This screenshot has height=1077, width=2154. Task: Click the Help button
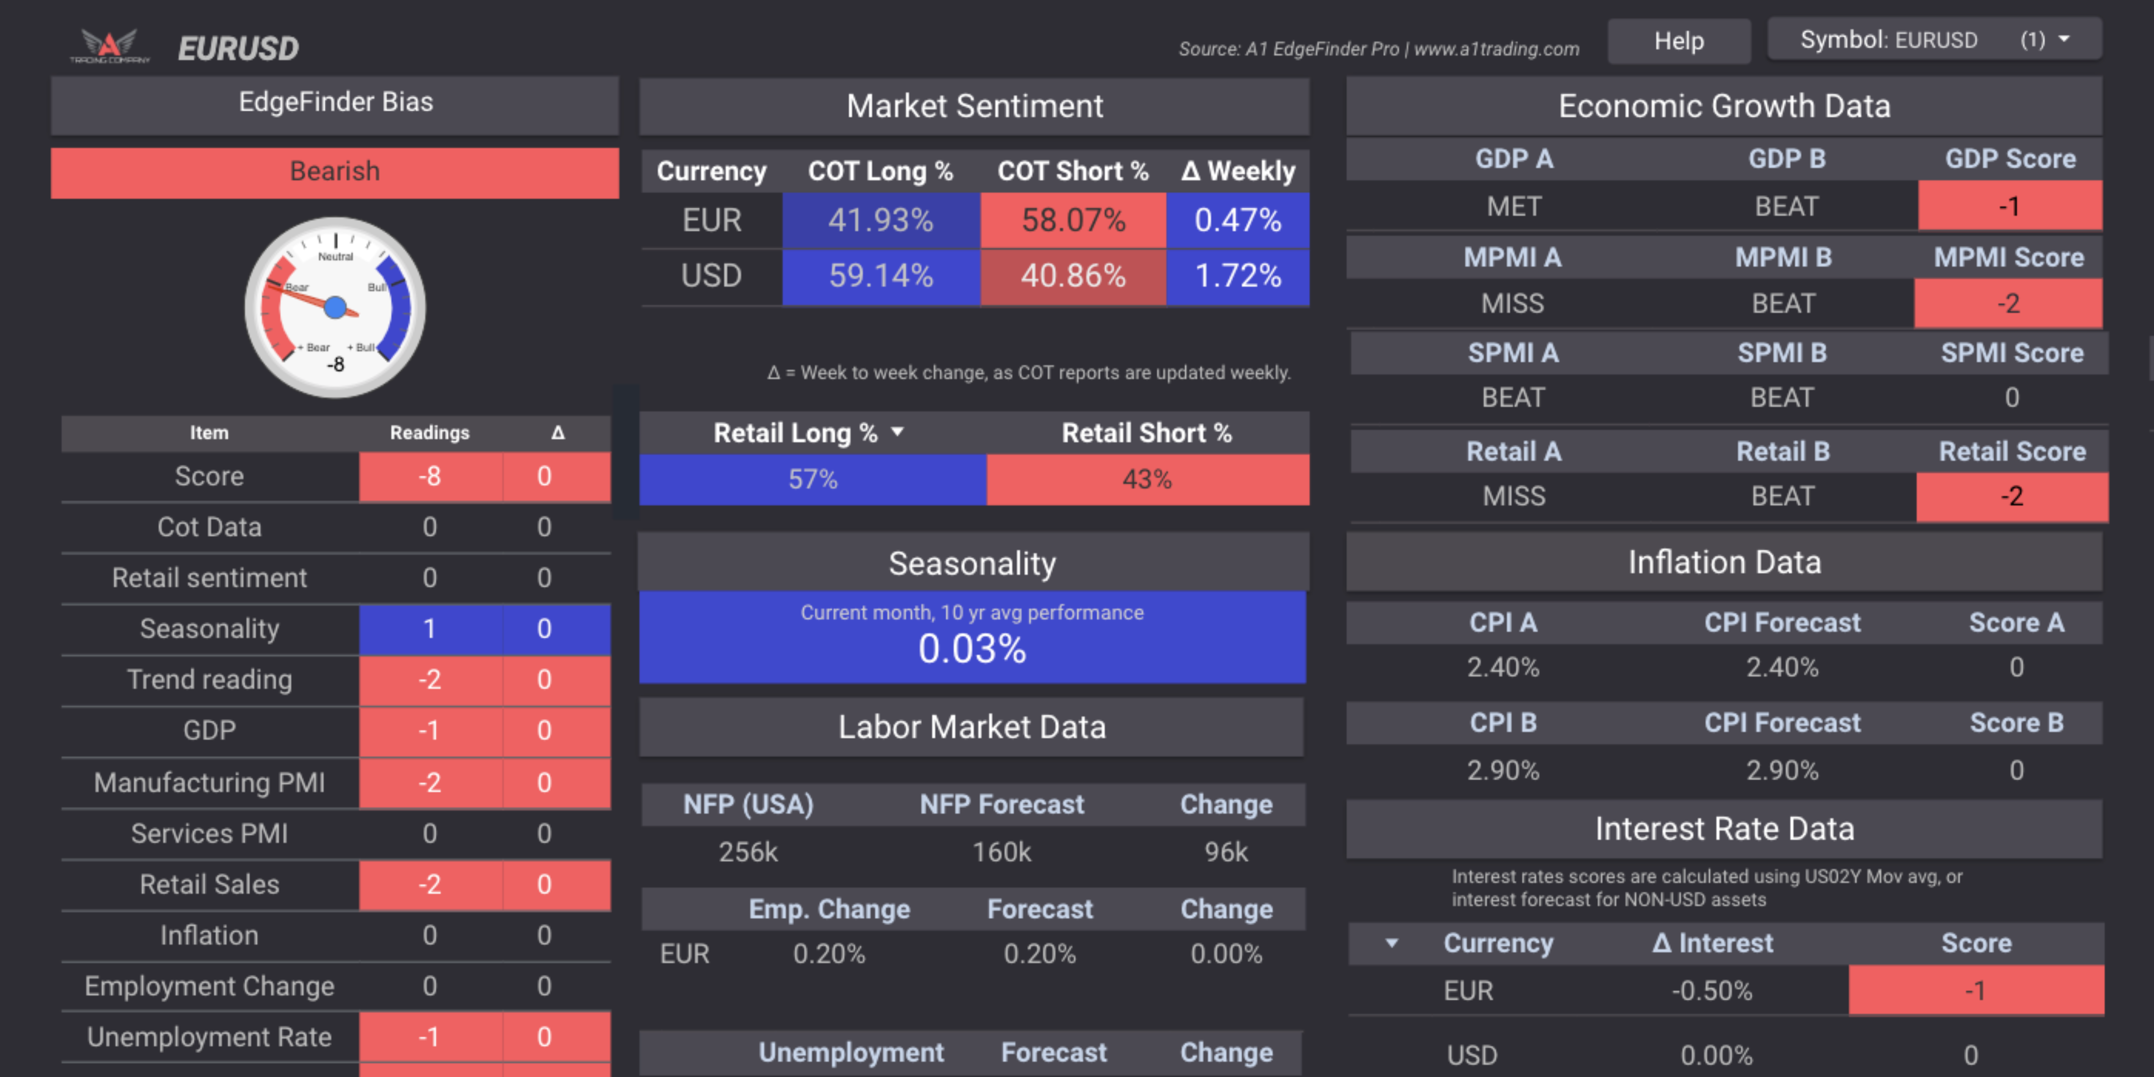(1678, 41)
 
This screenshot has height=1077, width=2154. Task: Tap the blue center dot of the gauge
(335, 308)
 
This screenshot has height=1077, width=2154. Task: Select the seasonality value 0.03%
(972, 649)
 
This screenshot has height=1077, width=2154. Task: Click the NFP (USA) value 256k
(748, 852)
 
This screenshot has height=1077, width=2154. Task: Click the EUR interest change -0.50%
(1712, 991)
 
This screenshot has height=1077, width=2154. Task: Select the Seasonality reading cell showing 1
(430, 629)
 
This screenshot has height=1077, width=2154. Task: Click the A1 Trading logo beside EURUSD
(109, 46)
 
